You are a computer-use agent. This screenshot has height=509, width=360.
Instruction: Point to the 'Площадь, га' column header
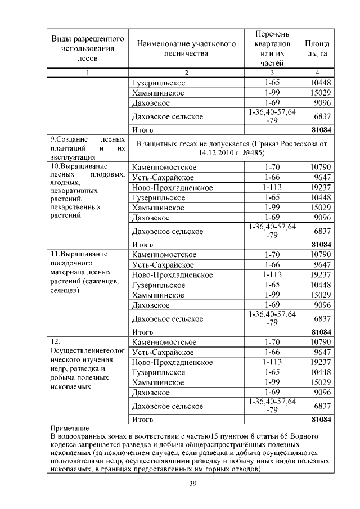click(x=317, y=48)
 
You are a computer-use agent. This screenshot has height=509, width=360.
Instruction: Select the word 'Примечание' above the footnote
click(x=70, y=428)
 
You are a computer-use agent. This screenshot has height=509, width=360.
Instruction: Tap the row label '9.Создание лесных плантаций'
click(x=87, y=148)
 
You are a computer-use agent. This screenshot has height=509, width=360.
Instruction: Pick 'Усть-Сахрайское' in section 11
click(x=163, y=264)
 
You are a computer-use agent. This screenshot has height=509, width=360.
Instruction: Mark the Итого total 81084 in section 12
click(x=318, y=420)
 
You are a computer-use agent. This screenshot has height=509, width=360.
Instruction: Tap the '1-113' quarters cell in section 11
click(x=271, y=274)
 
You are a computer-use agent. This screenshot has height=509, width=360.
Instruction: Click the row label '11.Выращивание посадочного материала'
click(x=87, y=272)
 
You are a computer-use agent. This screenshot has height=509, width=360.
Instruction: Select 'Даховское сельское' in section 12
click(x=166, y=406)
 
